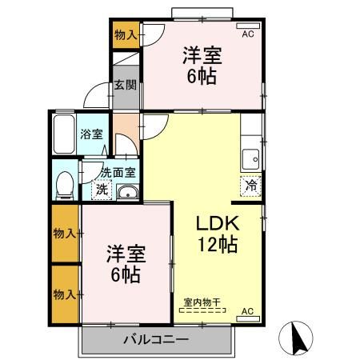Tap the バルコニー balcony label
point(155,340)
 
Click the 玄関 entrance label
point(122,85)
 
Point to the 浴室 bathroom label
point(91,134)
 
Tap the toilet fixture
point(66,184)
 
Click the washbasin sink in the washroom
point(127,192)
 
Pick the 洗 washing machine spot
point(102,190)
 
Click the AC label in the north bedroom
point(247,34)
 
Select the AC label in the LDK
point(246,310)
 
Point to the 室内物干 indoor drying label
point(202,302)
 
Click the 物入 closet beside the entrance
point(125,34)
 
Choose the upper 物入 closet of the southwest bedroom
point(65,233)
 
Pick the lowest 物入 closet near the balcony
point(65,294)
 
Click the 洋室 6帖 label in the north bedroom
point(201,66)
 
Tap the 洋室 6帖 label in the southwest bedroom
point(125,265)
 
